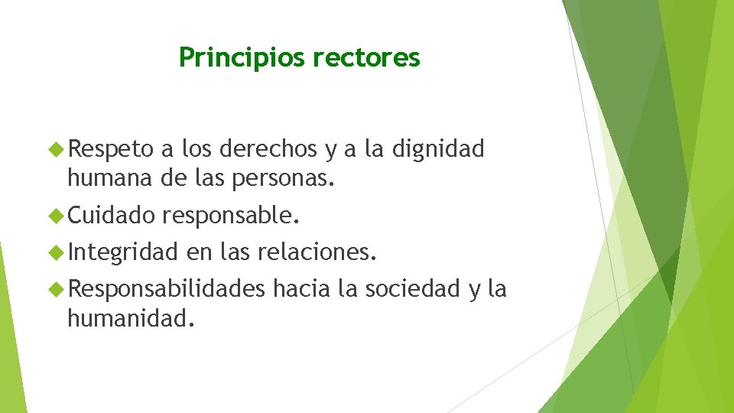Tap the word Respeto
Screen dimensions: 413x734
point(111,150)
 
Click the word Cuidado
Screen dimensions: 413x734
point(112,216)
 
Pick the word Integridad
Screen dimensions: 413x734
point(123,252)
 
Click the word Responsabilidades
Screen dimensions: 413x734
point(167,288)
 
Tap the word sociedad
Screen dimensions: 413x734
point(413,288)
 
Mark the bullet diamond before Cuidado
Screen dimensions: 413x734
point(56,216)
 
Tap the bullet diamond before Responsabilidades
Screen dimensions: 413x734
point(56,288)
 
